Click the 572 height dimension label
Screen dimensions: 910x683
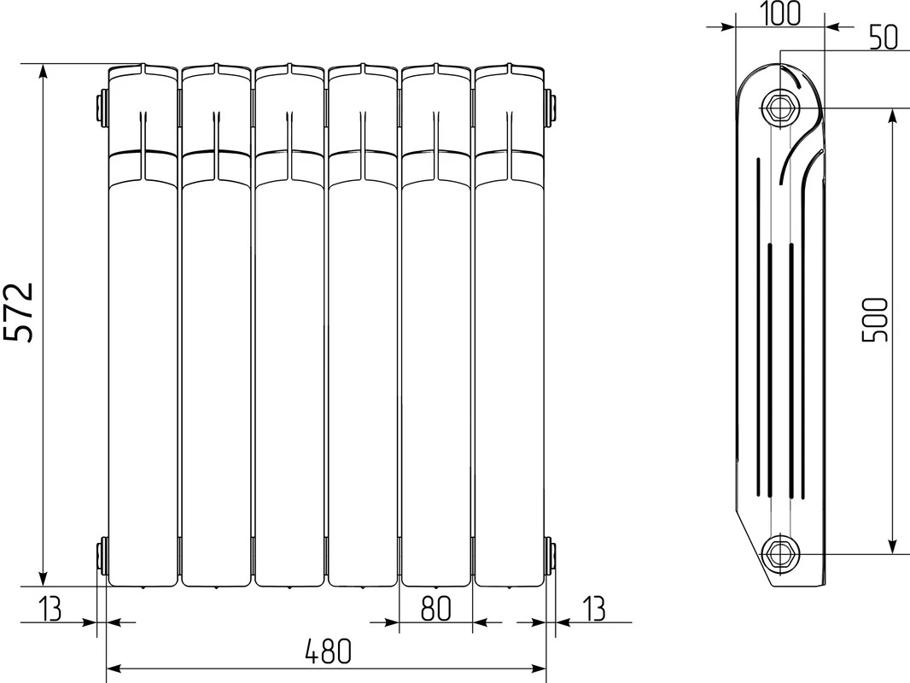click(x=18, y=312)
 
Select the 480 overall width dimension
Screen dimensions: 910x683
click(x=329, y=652)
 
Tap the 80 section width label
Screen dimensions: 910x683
click(x=436, y=608)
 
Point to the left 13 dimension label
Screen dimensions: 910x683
click(x=50, y=609)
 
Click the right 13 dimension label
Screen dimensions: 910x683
click(x=593, y=609)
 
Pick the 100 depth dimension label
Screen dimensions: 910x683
click(x=780, y=14)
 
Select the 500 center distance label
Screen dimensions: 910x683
click(x=876, y=320)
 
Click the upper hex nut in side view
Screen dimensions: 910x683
click(x=779, y=107)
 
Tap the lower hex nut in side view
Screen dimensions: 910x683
click(x=779, y=553)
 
